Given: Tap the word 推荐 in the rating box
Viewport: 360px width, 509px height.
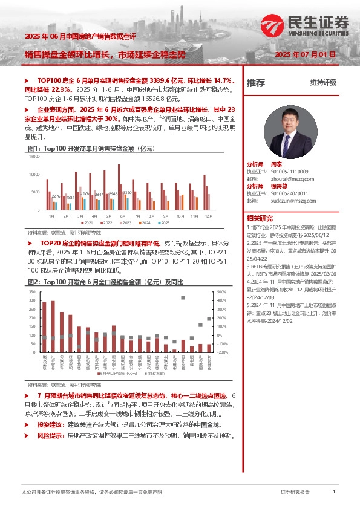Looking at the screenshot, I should [256, 83].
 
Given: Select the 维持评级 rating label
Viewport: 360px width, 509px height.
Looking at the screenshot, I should [322, 83].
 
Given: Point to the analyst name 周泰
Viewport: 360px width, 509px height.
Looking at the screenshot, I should [277, 164].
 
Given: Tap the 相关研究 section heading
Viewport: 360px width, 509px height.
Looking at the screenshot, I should [260, 218].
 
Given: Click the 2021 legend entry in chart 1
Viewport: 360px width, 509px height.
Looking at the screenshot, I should [87, 223].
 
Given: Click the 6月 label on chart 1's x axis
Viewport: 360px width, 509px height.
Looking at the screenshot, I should [123, 215].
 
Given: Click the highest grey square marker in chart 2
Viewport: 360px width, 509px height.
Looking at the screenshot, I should [183, 297].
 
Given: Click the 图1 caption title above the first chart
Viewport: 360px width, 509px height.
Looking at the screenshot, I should [85, 148].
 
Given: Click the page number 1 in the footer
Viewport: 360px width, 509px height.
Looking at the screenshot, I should [334, 492].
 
